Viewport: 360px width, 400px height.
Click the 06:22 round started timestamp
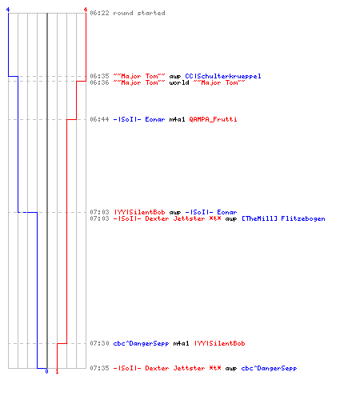coord(99,13)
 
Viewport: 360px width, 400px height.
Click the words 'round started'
coord(139,13)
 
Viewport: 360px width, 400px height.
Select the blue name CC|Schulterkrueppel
coord(223,76)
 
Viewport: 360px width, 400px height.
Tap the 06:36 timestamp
coord(99,82)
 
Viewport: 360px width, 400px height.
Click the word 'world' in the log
coord(179,82)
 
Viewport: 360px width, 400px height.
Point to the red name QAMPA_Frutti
coord(213,119)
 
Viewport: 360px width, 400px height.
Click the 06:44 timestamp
coord(99,119)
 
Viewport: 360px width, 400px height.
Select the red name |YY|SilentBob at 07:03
coord(139,212)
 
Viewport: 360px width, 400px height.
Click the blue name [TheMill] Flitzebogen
coord(283,219)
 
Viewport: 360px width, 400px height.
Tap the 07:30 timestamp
coord(99,343)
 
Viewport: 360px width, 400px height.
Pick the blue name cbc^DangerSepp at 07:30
coord(141,343)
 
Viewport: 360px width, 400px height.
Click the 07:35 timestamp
coord(99,368)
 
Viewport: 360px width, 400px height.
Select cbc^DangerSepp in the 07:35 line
coord(269,368)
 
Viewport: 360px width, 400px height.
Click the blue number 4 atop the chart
coord(8,10)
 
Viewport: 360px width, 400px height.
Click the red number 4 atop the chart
coord(86,10)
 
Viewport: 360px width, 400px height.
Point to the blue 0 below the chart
coord(46,371)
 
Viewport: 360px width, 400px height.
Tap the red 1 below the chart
coord(57,371)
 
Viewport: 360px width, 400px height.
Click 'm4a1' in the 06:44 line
coord(177,119)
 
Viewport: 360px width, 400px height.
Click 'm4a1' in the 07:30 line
coord(181,343)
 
